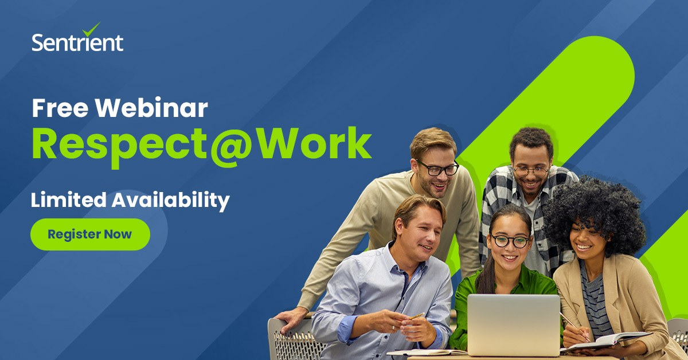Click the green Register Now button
pyautogui.click(x=90, y=234)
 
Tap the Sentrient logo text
pyautogui.click(x=77, y=42)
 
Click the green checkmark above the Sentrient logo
pyautogui.click(x=91, y=29)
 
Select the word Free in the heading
pyautogui.click(x=60, y=108)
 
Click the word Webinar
pyautogui.click(x=151, y=108)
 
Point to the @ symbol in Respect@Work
pyautogui.click(x=230, y=147)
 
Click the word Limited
pyautogui.click(x=68, y=200)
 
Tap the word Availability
pyautogui.click(x=170, y=201)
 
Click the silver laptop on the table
pyautogui.click(x=514, y=325)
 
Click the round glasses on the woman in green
pyautogui.click(x=510, y=241)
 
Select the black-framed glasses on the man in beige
pyautogui.click(x=437, y=169)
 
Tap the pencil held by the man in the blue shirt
pyautogui.click(x=416, y=316)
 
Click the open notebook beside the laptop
pyautogui.click(x=605, y=341)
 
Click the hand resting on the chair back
pyautogui.click(x=291, y=319)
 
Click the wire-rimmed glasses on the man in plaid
pyautogui.click(x=531, y=171)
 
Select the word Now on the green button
pyautogui.click(x=118, y=234)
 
